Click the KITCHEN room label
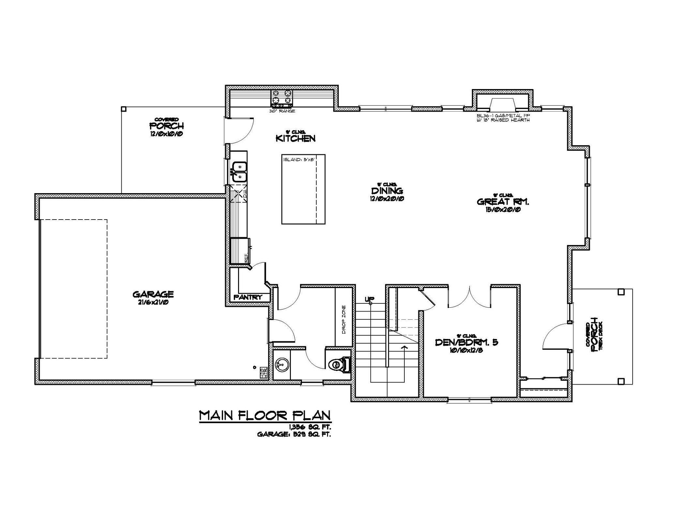[x=296, y=138]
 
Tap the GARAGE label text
[x=153, y=294]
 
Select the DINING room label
[x=387, y=190]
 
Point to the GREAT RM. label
[x=503, y=202]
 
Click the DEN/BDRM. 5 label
[x=467, y=342]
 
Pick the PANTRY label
[x=248, y=297]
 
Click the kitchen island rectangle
[x=303, y=189]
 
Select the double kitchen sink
[x=240, y=171]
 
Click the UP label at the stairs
[x=370, y=299]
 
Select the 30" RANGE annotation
[x=282, y=111]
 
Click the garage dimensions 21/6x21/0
[x=153, y=302]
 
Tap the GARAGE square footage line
[x=294, y=434]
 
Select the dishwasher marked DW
[x=239, y=195]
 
